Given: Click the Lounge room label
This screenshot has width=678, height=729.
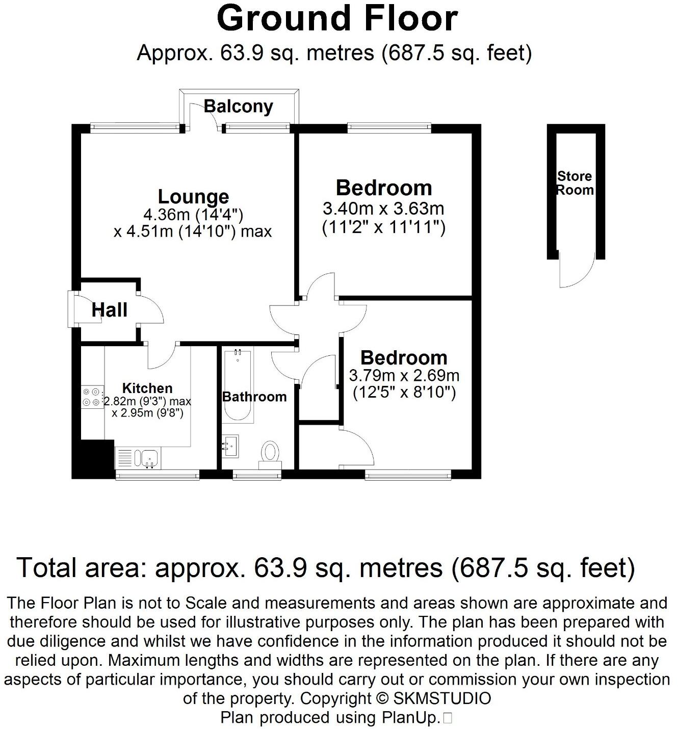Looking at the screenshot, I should (193, 197).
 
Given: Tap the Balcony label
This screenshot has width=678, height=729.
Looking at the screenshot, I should (239, 107).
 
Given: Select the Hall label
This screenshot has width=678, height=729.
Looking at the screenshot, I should (110, 309).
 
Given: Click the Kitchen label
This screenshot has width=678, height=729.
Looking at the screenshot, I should (147, 388).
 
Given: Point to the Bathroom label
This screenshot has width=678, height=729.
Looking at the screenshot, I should (254, 397).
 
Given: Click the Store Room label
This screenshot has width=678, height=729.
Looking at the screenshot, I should (575, 183).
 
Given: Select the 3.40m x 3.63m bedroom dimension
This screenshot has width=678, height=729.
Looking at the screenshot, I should (383, 209).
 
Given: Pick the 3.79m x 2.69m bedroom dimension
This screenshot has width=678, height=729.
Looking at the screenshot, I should (404, 376).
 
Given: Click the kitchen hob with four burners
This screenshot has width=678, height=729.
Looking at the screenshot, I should (92, 397).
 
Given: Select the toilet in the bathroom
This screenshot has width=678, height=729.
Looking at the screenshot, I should (270, 453).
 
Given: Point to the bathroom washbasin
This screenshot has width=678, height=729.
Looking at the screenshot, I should (231, 446).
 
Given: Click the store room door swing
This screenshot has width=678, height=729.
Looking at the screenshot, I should (577, 270).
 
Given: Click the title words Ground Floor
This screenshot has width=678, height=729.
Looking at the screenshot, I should (337, 19).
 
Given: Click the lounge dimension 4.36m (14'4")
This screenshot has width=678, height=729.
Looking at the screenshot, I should (193, 215).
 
